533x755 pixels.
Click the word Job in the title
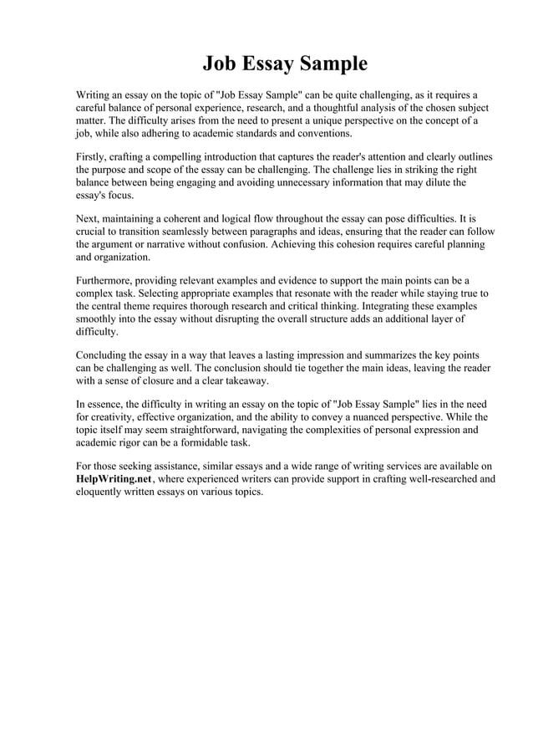[221, 64]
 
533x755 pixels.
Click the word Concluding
[104, 355]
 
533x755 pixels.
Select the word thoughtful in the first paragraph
[320, 108]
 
